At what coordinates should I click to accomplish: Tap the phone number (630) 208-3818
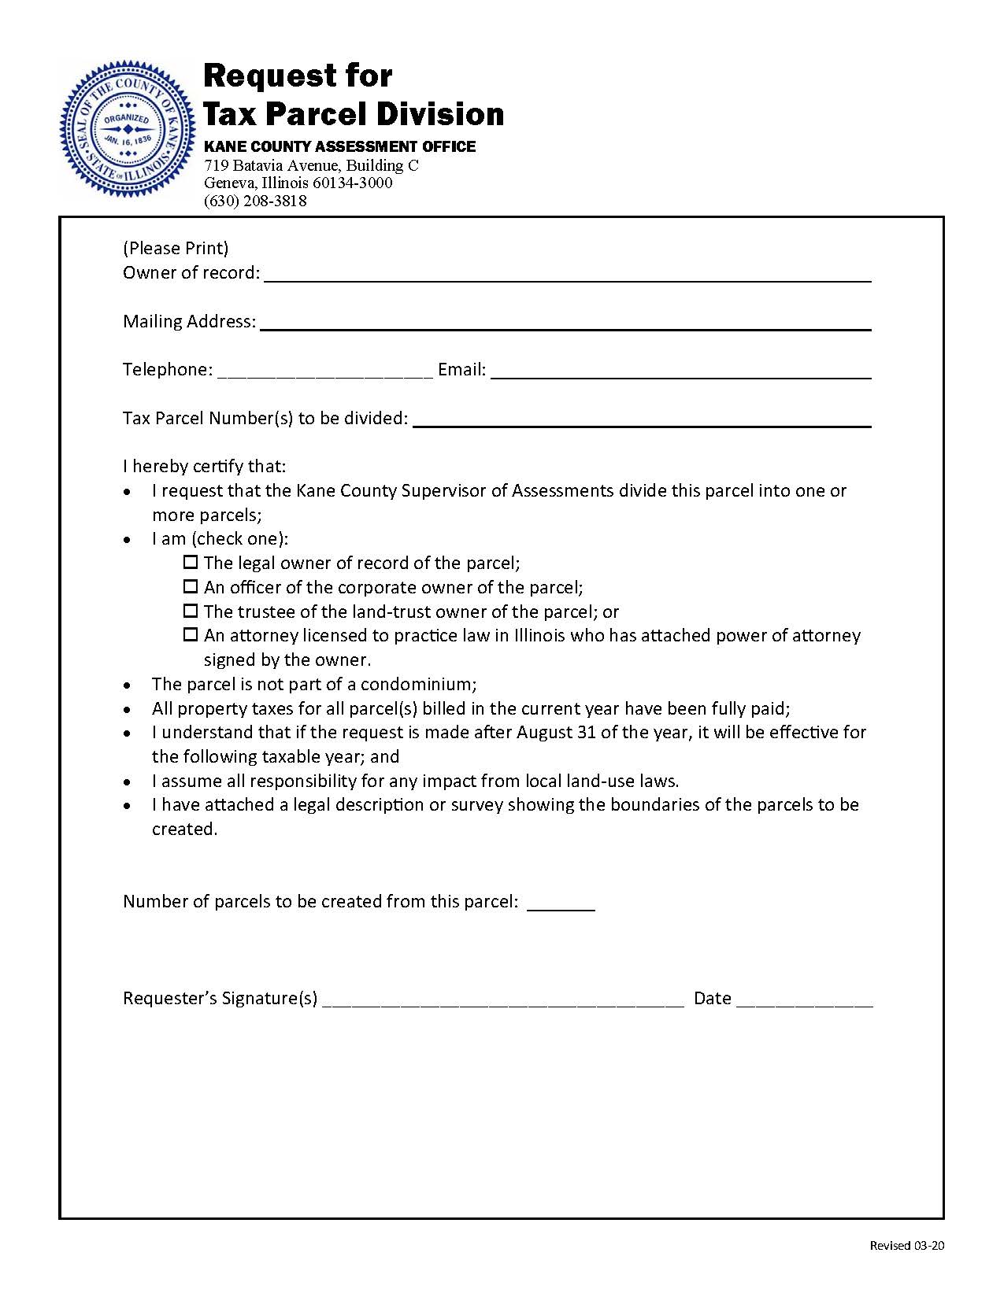[255, 201]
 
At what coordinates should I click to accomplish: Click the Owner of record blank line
[567, 274]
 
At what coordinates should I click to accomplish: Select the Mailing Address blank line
[565, 322]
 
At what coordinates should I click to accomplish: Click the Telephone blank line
[324, 371]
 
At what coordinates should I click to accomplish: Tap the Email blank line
[680, 371]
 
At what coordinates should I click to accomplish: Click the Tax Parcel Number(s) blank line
[641, 419]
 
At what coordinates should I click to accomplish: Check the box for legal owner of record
[191, 563]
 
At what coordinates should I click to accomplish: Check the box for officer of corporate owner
[191, 587]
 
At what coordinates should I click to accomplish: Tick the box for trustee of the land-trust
[191, 612]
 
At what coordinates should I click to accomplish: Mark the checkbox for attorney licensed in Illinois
[191, 635]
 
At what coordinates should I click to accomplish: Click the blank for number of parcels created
[560, 903]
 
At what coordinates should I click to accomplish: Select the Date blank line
[804, 999]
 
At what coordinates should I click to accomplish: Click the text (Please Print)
[176, 249]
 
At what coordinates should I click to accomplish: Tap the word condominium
[417, 684]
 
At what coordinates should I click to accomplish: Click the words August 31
[556, 732]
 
